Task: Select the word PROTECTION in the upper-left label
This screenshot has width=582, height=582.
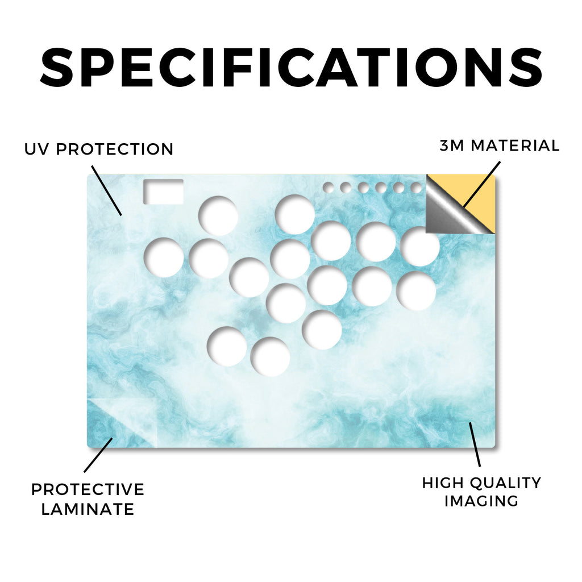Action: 115,149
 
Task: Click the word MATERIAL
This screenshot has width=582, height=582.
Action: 515,145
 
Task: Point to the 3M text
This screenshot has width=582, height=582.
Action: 452,145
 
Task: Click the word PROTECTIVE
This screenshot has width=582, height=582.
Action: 88,489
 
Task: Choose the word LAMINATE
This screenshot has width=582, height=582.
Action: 88,509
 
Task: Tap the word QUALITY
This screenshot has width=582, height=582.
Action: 505,483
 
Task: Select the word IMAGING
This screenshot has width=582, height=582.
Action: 481,501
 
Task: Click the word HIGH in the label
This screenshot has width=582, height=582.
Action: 443,483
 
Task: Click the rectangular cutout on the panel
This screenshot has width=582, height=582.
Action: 163,192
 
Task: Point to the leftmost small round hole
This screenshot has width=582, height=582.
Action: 328,188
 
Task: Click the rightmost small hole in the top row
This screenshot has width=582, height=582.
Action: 417,188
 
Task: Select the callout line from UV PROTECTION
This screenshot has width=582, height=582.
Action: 106,191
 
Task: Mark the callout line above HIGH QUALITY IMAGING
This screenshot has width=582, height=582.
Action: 475,444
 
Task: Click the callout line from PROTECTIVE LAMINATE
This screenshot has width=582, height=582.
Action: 98,455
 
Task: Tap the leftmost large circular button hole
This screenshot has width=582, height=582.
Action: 164,257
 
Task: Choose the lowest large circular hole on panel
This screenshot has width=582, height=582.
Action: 270,357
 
